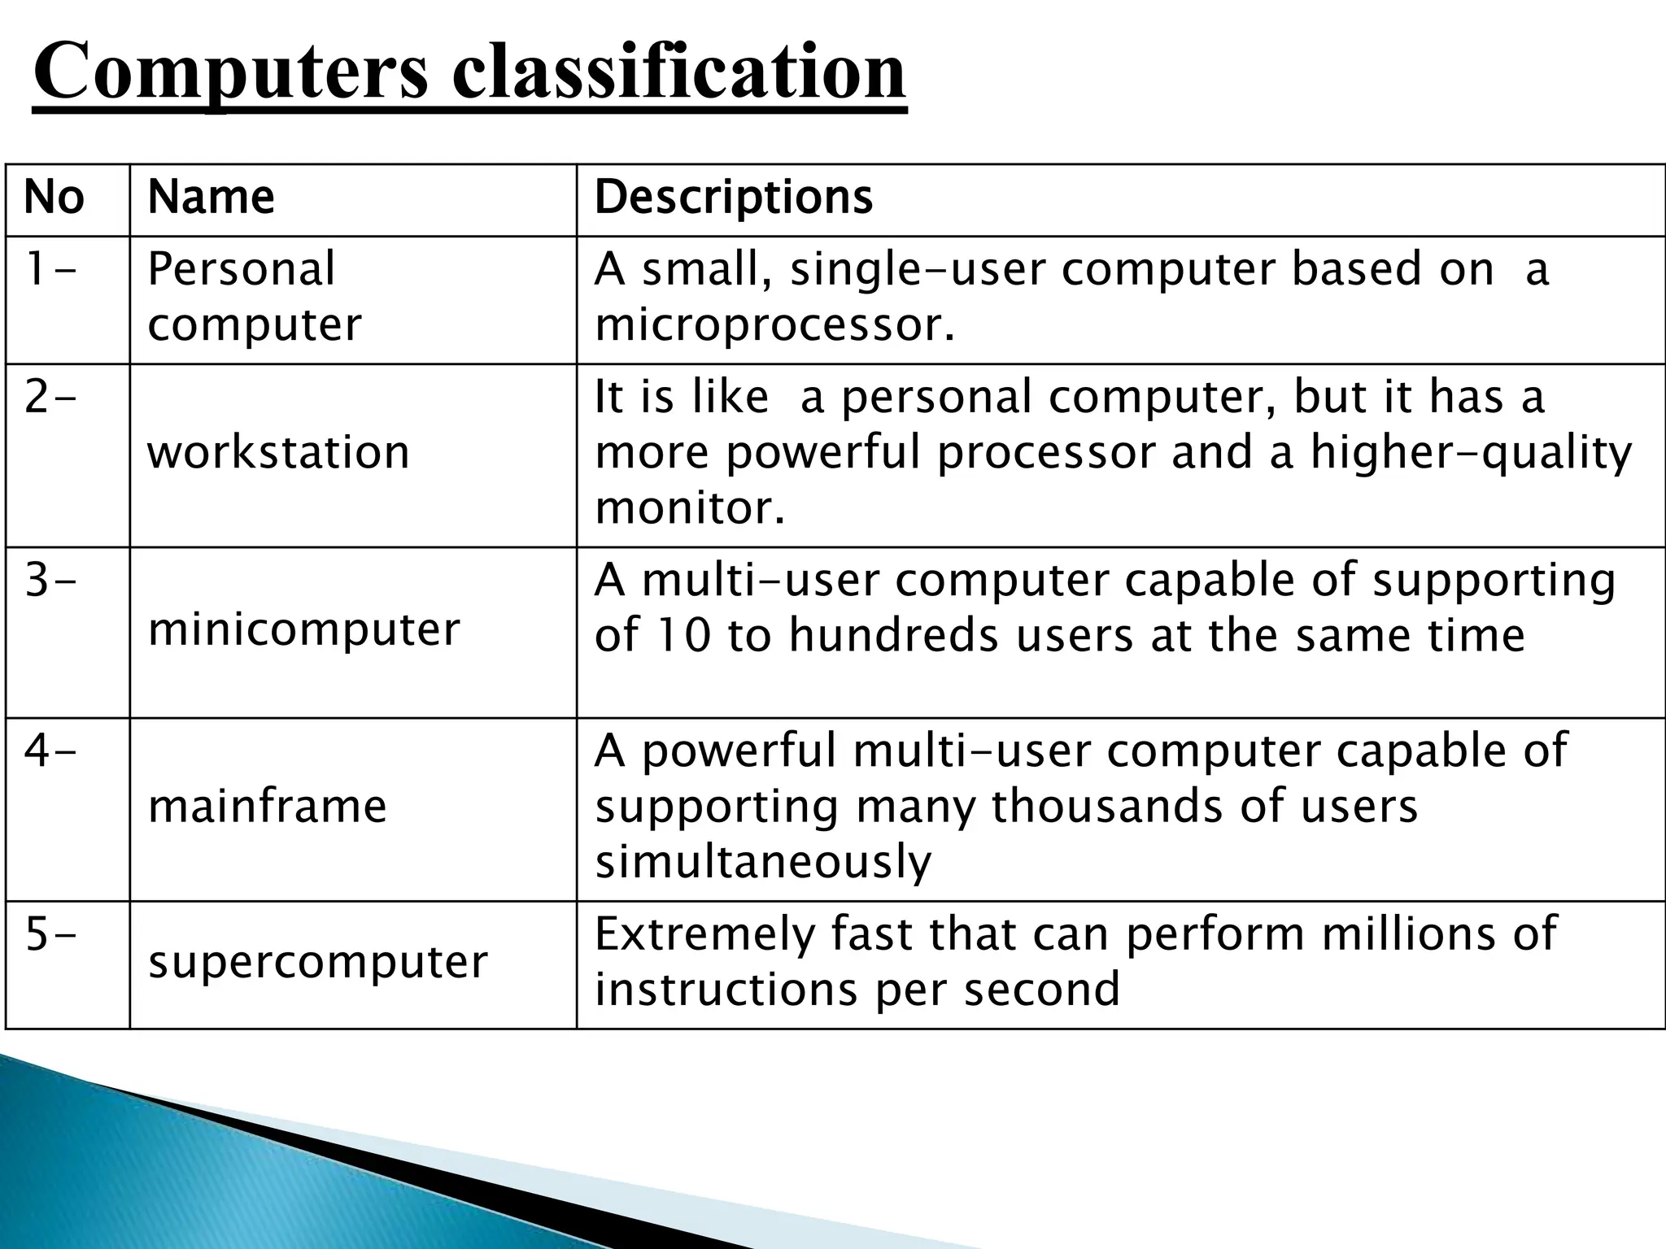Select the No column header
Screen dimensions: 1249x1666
(54, 198)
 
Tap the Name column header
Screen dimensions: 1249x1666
(211, 198)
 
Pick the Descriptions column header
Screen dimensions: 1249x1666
(733, 198)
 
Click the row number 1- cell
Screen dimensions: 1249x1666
(50, 269)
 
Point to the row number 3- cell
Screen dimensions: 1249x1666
(50, 580)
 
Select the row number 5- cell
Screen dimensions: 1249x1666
(50, 934)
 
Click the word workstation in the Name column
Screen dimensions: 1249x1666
(278, 452)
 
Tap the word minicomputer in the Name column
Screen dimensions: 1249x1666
(303, 629)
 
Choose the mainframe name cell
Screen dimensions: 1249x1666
(267, 807)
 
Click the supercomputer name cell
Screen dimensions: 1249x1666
(317, 962)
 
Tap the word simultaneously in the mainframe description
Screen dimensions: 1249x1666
(763, 862)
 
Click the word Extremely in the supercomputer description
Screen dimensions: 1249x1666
(704, 934)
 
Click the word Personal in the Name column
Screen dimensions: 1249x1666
(241, 269)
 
